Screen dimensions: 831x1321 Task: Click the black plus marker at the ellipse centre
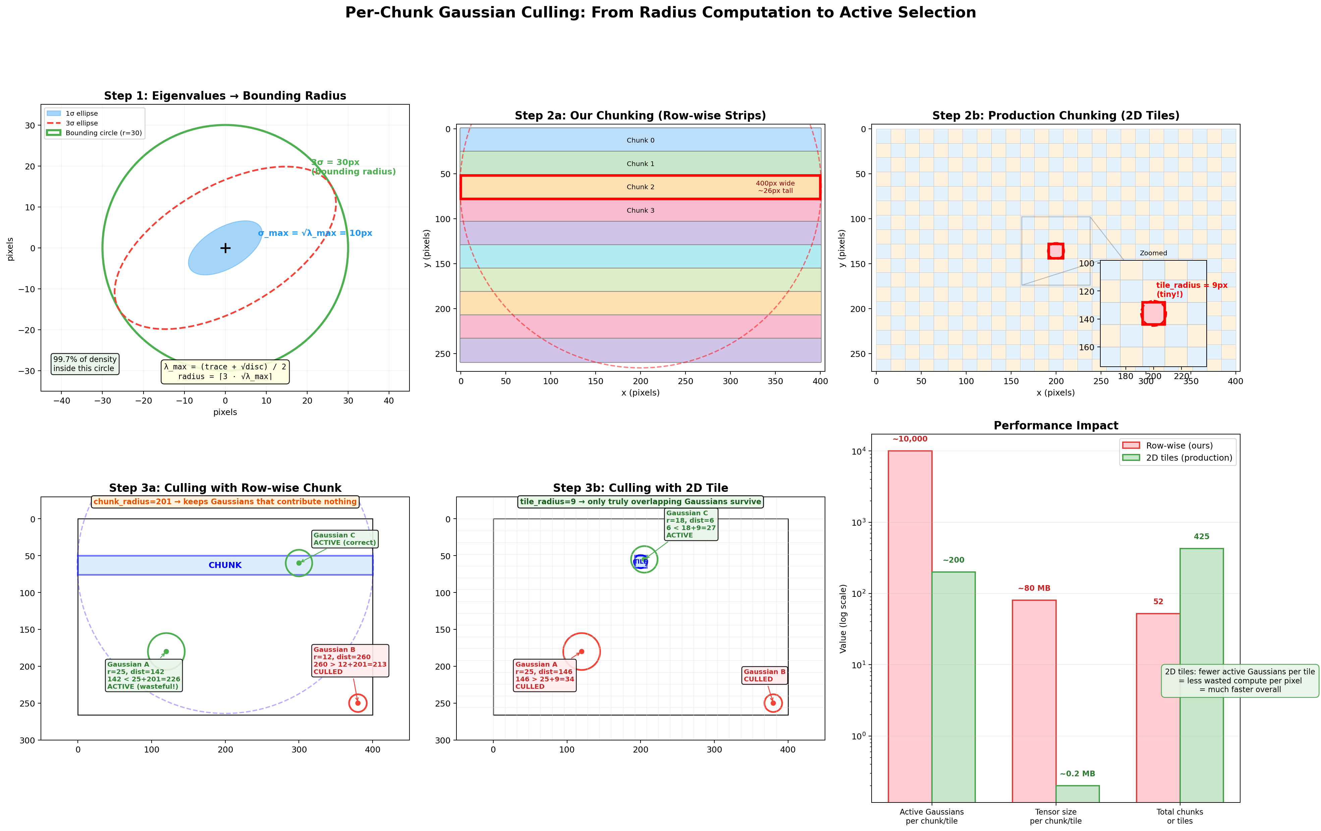225,248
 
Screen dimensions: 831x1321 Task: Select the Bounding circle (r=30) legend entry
81,133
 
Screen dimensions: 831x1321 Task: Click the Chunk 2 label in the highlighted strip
640,187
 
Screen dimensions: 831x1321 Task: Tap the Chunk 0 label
640,141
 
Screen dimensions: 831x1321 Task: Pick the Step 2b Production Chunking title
1055,116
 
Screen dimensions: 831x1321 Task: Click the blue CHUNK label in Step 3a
225,565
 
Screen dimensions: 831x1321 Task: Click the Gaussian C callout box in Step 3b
691,524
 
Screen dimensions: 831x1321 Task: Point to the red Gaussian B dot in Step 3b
773,703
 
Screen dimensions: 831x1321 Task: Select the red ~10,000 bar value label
910,439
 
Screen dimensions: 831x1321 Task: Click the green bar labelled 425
1201,675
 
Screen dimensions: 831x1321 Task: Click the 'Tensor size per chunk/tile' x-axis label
1055,816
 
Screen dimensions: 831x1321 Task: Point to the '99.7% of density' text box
85,364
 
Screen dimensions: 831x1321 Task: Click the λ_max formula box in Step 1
225,372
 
